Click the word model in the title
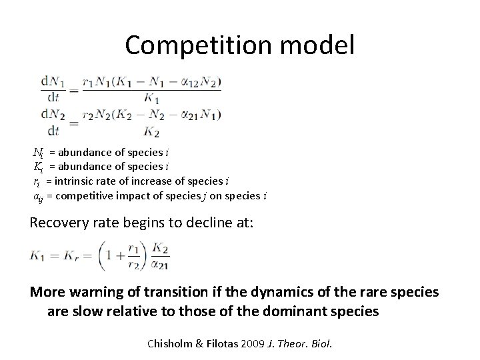point(321,45)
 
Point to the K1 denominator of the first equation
point(152,97)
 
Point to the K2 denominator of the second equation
point(152,130)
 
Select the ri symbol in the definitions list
point(38,181)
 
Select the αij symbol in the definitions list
point(39,195)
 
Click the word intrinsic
point(77,181)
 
